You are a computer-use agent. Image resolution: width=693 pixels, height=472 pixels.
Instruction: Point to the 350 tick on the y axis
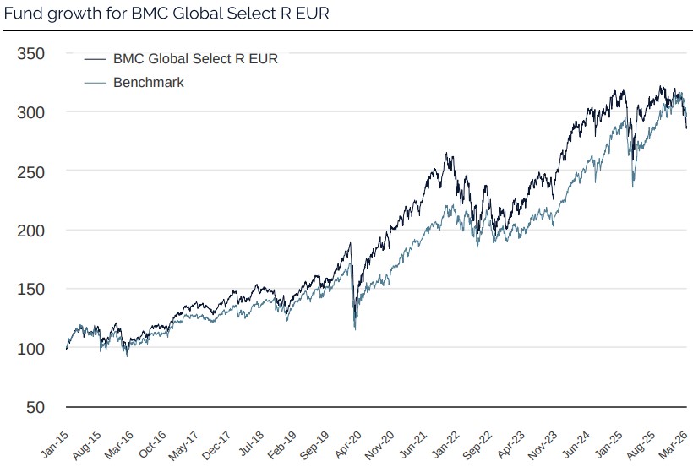(x=32, y=53)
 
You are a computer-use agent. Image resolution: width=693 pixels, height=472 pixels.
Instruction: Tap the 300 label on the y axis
(x=32, y=112)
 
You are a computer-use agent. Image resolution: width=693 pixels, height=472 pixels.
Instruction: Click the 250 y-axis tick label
(x=32, y=171)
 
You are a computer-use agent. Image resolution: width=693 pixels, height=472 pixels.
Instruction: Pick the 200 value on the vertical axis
(x=32, y=231)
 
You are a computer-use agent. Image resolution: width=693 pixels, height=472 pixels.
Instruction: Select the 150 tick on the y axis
(x=32, y=290)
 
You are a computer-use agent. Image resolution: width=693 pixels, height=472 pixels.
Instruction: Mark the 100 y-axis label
(x=32, y=348)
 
